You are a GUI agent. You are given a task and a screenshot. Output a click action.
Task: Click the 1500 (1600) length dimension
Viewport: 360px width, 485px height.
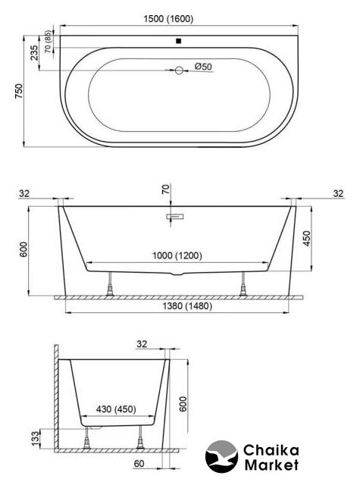pyautogui.click(x=168, y=19)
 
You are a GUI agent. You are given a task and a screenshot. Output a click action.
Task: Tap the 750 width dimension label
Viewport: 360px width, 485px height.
pyautogui.click(x=19, y=91)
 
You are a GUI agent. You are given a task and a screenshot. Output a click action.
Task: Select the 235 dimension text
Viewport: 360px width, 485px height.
pyautogui.click(x=34, y=52)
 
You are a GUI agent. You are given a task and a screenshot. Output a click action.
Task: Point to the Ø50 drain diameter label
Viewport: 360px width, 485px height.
pyautogui.click(x=203, y=67)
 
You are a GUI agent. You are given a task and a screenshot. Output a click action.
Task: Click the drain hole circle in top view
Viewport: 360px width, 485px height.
pyautogui.click(x=179, y=70)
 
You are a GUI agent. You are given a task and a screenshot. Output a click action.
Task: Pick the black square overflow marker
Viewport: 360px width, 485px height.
pyautogui.click(x=178, y=41)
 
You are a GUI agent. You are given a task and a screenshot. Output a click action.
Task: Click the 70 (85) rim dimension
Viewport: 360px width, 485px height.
pyautogui.click(x=48, y=42)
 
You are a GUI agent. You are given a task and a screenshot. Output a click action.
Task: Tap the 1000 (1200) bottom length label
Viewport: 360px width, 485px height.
pyautogui.click(x=177, y=256)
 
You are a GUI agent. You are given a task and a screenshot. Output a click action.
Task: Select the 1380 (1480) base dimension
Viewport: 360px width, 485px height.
pyautogui.click(x=187, y=306)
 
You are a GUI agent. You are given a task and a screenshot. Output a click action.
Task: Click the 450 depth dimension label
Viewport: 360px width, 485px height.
pyautogui.click(x=306, y=238)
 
